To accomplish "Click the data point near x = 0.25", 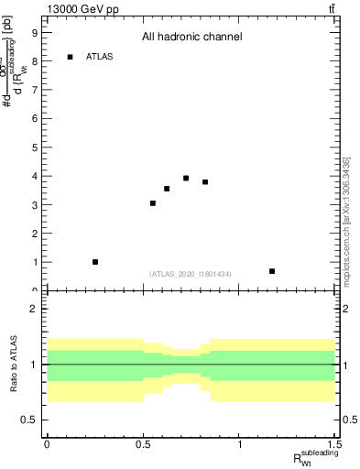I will tap(95, 262).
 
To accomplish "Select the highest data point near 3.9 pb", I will tap(186, 179).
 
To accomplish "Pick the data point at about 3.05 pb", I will tap(153, 203).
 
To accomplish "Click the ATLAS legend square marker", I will tap(71, 57).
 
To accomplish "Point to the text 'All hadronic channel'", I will tap(191, 38).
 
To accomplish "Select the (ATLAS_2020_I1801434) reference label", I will tap(191, 275).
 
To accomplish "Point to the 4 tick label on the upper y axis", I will tap(34, 176).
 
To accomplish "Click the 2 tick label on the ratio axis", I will tap(34, 309).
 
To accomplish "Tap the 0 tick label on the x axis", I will tap(47, 445).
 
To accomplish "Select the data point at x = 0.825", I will tap(205, 182).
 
